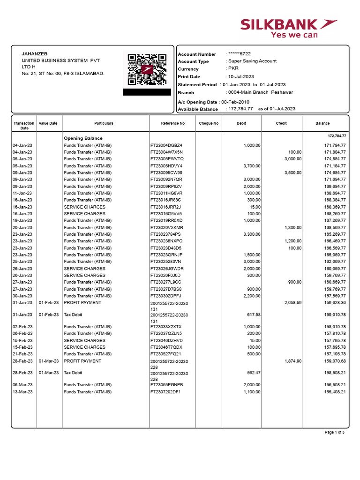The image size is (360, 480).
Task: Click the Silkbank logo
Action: point(288,25)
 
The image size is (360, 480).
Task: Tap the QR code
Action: point(146,69)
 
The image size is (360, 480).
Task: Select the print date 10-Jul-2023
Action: point(241,76)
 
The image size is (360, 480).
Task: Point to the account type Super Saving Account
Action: point(252,61)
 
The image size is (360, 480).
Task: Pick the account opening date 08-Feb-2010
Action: point(235,102)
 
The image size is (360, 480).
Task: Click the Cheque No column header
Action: point(209,123)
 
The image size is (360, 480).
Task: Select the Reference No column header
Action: point(172,123)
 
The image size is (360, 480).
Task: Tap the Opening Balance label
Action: point(83,138)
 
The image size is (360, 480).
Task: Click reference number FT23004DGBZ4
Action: point(166,145)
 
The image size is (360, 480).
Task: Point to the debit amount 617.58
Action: point(252,315)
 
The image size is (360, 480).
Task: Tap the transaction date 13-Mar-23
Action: point(22,392)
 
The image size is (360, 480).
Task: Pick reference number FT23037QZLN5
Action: point(166,333)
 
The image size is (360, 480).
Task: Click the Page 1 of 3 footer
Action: point(335,432)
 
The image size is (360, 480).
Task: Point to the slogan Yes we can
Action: point(294,35)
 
